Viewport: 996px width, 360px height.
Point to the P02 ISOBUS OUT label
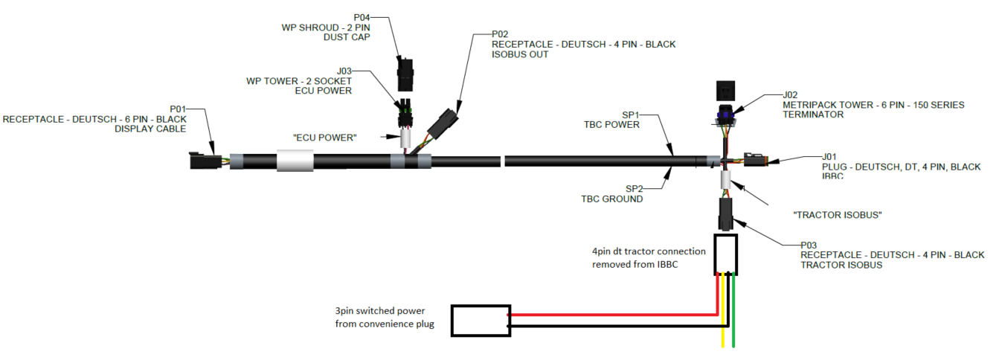click(500, 33)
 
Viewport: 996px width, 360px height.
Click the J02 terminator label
click(790, 95)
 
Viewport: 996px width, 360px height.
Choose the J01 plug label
click(829, 157)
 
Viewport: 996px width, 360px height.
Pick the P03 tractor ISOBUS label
click(809, 245)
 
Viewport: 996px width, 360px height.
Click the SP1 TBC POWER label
click(631, 115)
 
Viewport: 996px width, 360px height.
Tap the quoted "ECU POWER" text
click(324, 138)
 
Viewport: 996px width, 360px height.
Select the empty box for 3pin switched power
click(481, 321)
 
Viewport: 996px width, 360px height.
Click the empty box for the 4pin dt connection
click(726, 254)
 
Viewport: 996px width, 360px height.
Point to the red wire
click(617, 315)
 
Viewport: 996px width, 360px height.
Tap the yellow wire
click(723, 327)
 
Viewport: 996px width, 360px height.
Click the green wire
click(733, 327)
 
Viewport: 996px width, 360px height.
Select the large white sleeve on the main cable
click(295, 160)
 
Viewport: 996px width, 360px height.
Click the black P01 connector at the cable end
click(203, 160)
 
